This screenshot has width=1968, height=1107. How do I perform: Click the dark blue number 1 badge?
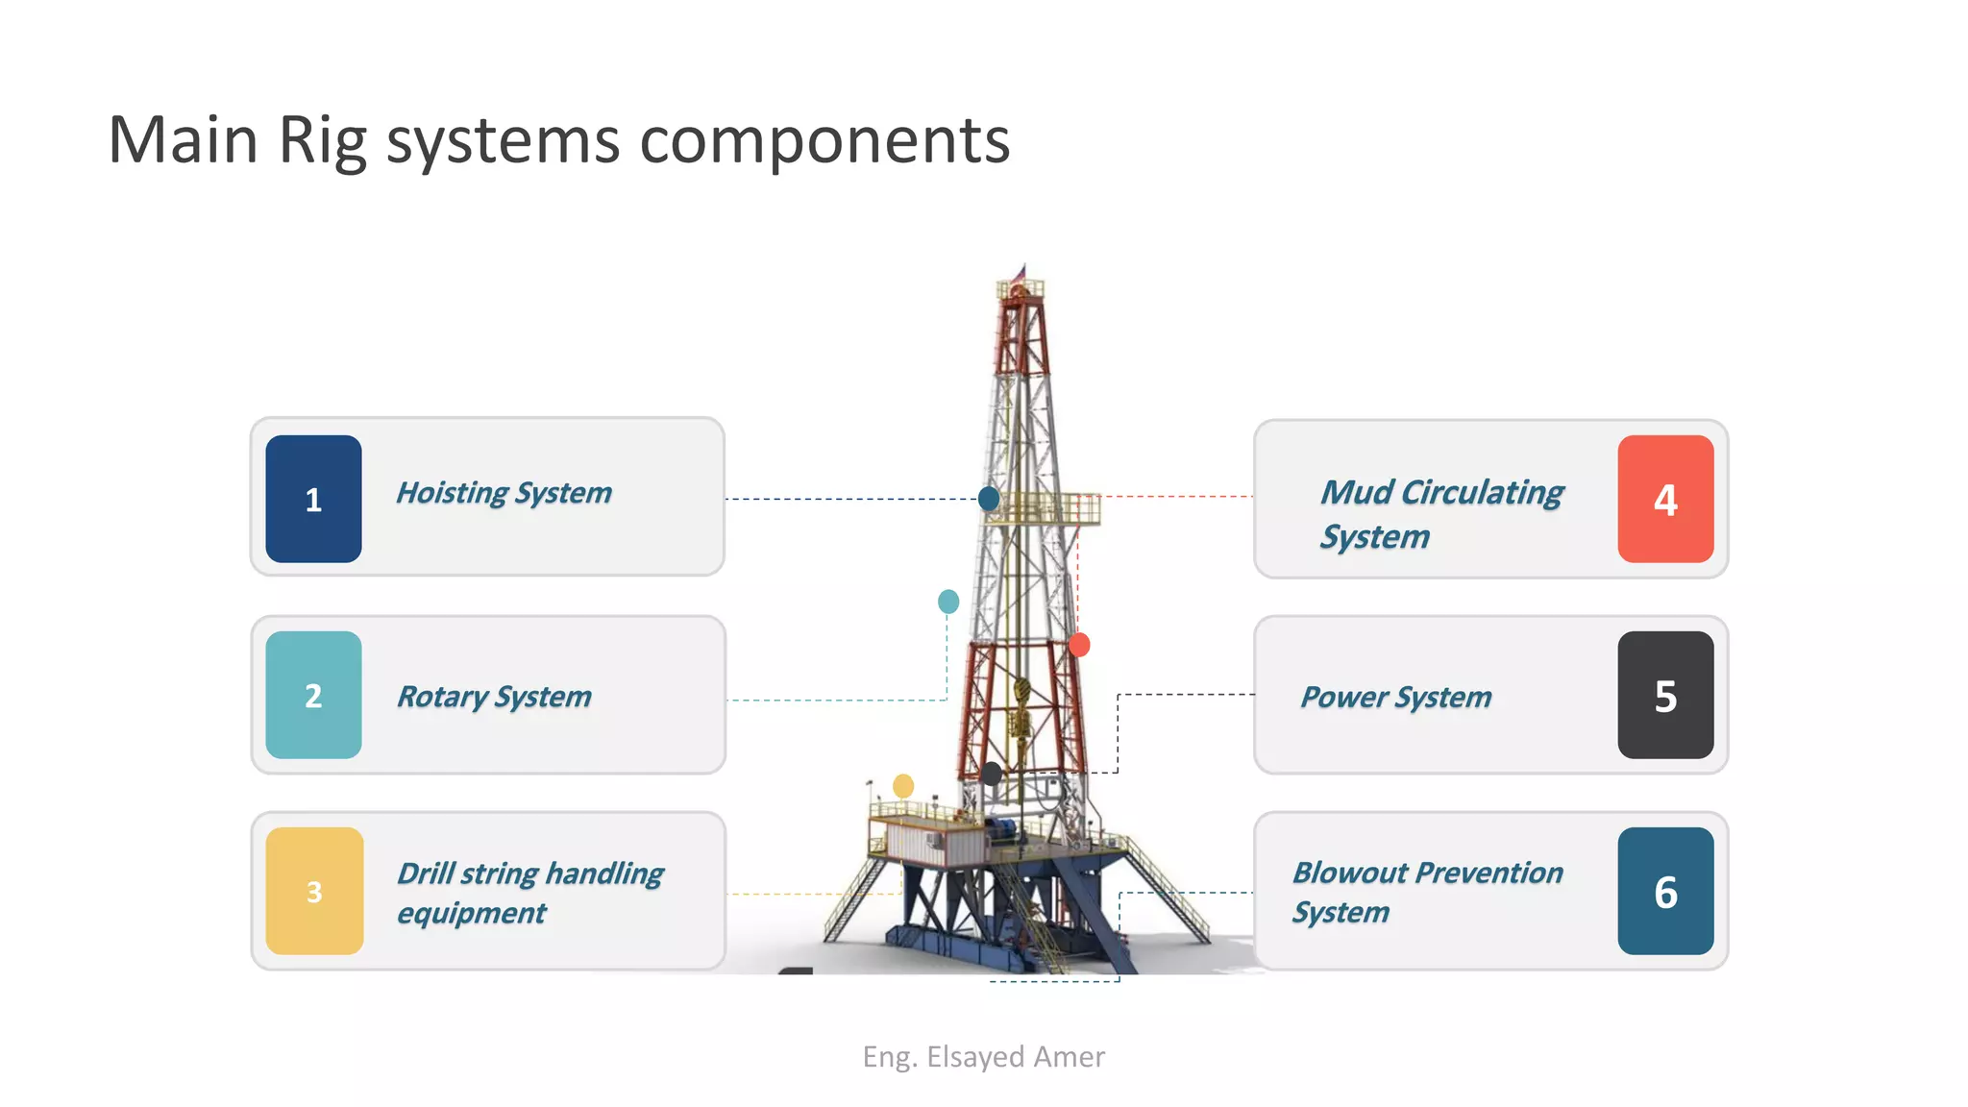313,499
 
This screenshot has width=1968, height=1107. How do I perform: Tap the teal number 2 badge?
313,695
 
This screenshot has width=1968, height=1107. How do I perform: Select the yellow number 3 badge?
314,891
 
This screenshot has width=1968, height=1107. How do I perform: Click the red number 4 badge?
1665,499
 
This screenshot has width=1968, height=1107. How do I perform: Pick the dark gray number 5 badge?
1665,695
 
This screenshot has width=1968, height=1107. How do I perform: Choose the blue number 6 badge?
1665,891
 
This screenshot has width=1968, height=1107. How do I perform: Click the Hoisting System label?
504,493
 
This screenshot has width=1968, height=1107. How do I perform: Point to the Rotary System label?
494,697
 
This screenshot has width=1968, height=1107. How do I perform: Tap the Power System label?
1395,697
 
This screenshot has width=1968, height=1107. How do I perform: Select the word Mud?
1356,492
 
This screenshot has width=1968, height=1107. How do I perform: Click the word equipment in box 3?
471,913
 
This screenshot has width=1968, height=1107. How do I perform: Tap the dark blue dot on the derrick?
988,498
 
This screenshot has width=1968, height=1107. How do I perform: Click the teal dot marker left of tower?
947,602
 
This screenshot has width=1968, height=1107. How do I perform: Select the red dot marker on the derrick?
1079,645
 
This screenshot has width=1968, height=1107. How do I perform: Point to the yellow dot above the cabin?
903,786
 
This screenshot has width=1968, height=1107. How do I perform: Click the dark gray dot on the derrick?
991,773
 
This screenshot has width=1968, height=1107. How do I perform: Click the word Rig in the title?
322,141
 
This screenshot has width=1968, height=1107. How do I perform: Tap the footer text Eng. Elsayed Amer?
983,1057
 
